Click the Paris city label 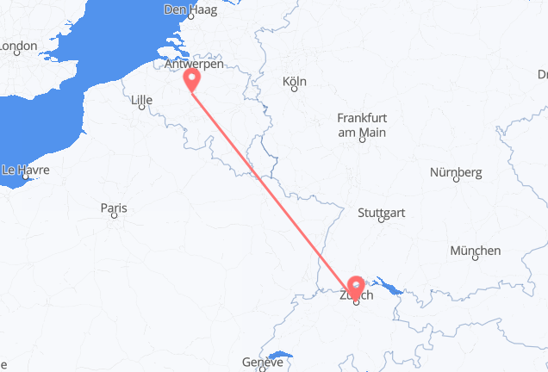[x=114, y=208]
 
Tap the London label [x=18, y=46]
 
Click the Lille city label [x=140, y=101]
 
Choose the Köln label [x=295, y=82]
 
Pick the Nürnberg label [x=456, y=172]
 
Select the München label [x=475, y=251]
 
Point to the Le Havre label [x=25, y=170]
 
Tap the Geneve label [x=262, y=363]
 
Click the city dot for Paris [x=114, y=217]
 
